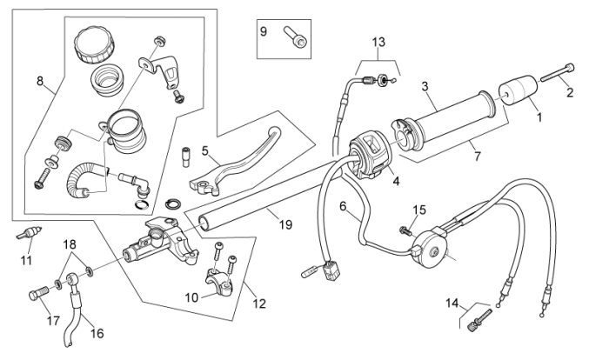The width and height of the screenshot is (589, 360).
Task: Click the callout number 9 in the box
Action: coord(264,31)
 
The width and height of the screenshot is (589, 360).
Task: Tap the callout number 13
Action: coord(378,43)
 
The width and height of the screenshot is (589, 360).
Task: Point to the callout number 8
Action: coord(40,81)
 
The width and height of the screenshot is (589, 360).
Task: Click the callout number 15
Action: coord(419,210)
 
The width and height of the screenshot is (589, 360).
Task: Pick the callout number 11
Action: coord(26,259)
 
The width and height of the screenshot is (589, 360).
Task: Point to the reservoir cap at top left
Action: coord(90,43)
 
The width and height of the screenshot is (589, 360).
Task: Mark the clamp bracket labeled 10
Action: coord(222,285)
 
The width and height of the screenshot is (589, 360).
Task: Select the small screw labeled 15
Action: coord(405,230)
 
